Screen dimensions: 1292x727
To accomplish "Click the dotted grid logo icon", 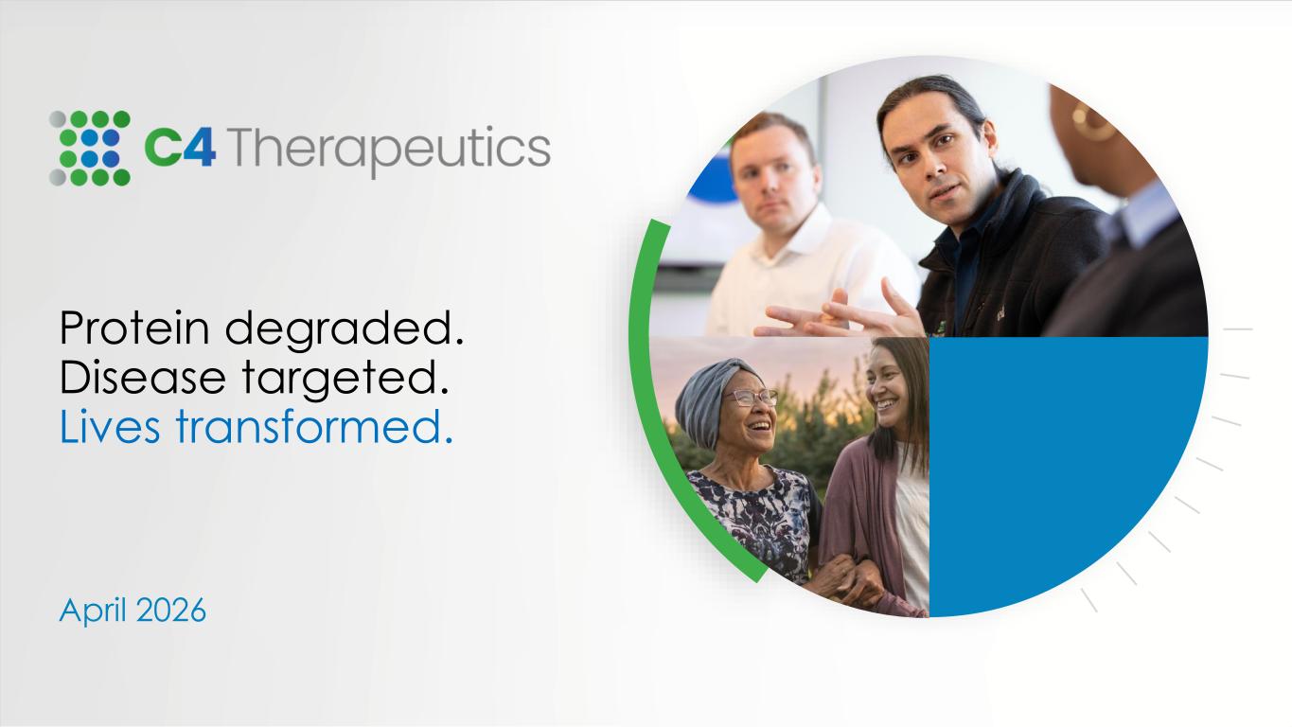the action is coord(90,149).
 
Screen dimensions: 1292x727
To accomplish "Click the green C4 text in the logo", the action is coord(180,148).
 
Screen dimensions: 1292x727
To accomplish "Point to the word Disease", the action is coord(143,378).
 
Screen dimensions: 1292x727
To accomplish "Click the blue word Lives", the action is coord(110,426).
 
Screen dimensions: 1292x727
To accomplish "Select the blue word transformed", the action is coord(314,426).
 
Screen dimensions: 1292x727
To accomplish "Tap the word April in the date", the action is coord(93,612).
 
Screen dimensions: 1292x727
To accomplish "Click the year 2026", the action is coord(171,611).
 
